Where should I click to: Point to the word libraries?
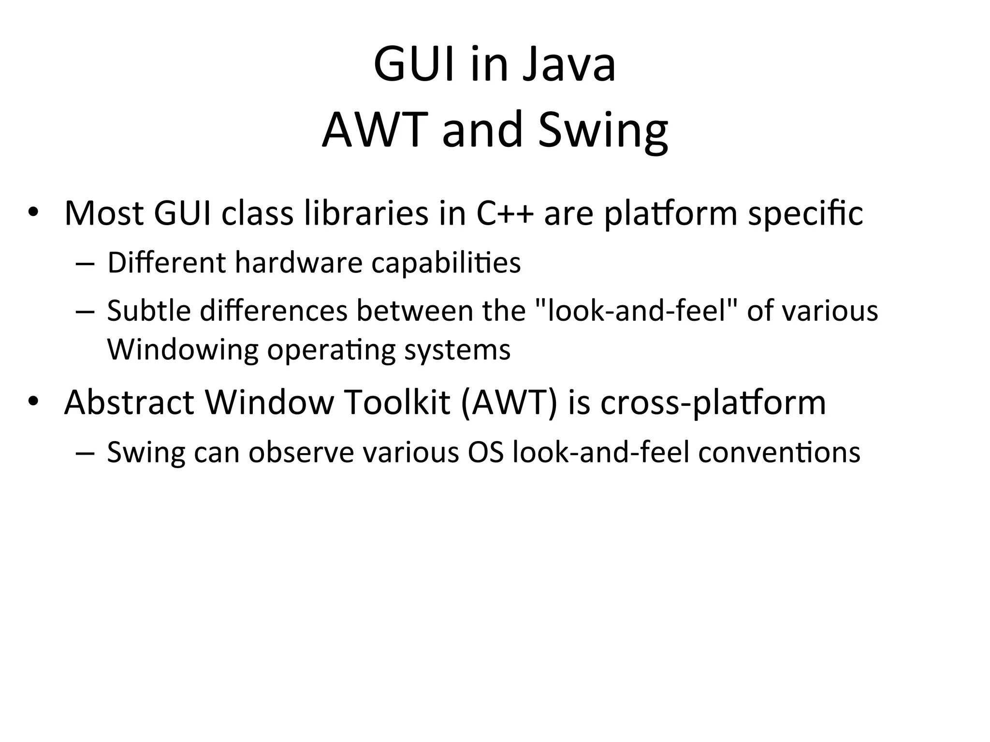[x=366, y=214]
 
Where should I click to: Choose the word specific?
[x=805, y=214]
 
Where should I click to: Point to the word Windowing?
[x=183, y=350]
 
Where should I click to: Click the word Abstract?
[x=129, y=402]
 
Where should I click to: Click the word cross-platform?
[x=713, y=402]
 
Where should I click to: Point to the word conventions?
[x=779, y=453]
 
